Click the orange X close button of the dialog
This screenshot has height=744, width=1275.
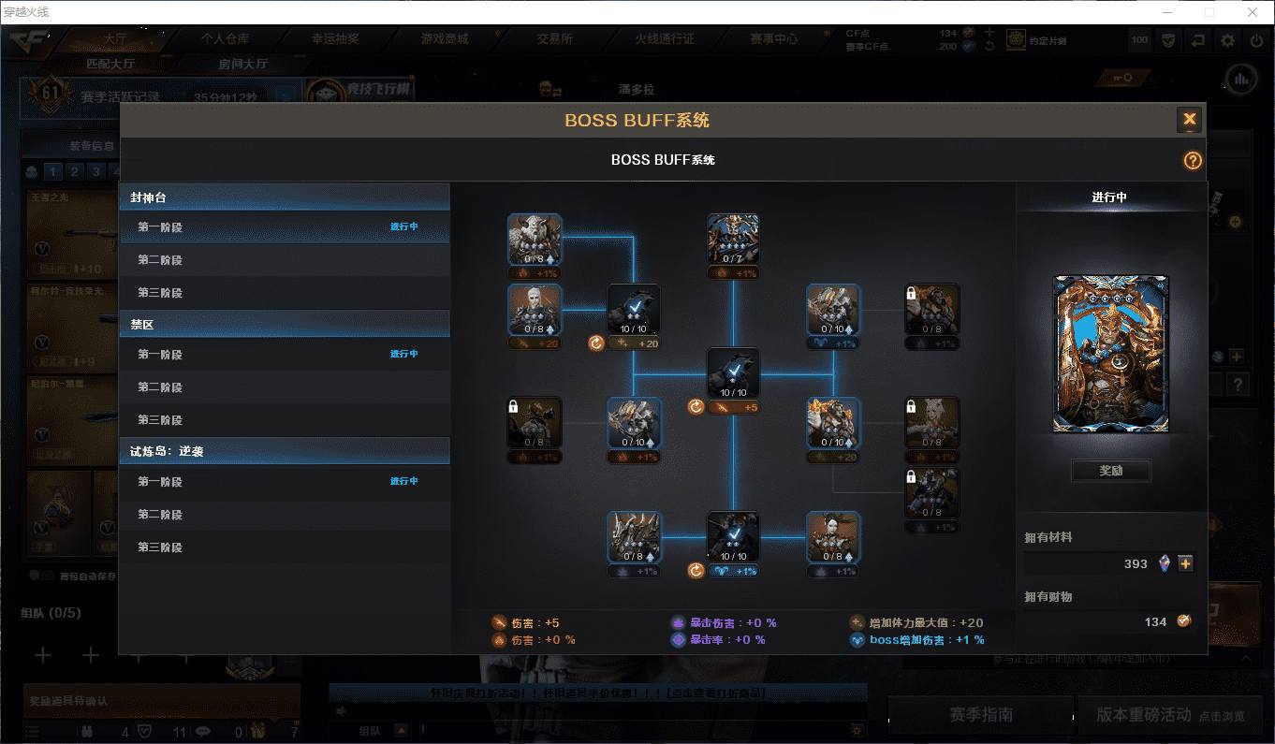(x=1189, y=119)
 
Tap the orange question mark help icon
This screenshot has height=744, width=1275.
(x=1192, y=160)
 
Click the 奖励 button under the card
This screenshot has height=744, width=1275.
(x=1111, y=471)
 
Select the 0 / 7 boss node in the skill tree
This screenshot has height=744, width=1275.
(x=733, y=240)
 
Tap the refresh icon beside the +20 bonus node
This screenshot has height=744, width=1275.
(x=595, y=343)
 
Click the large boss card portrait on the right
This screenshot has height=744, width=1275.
(x=1111, y=354)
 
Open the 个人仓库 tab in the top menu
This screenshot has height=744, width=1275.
(x=225, y=39)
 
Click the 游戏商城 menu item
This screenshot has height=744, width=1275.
(x=444, y=39)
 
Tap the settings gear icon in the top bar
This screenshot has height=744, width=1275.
(x=1227, y=41)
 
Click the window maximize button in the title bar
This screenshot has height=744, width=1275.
(x=1209, y=12)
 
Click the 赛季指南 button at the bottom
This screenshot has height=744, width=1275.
(x=980, y=714)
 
